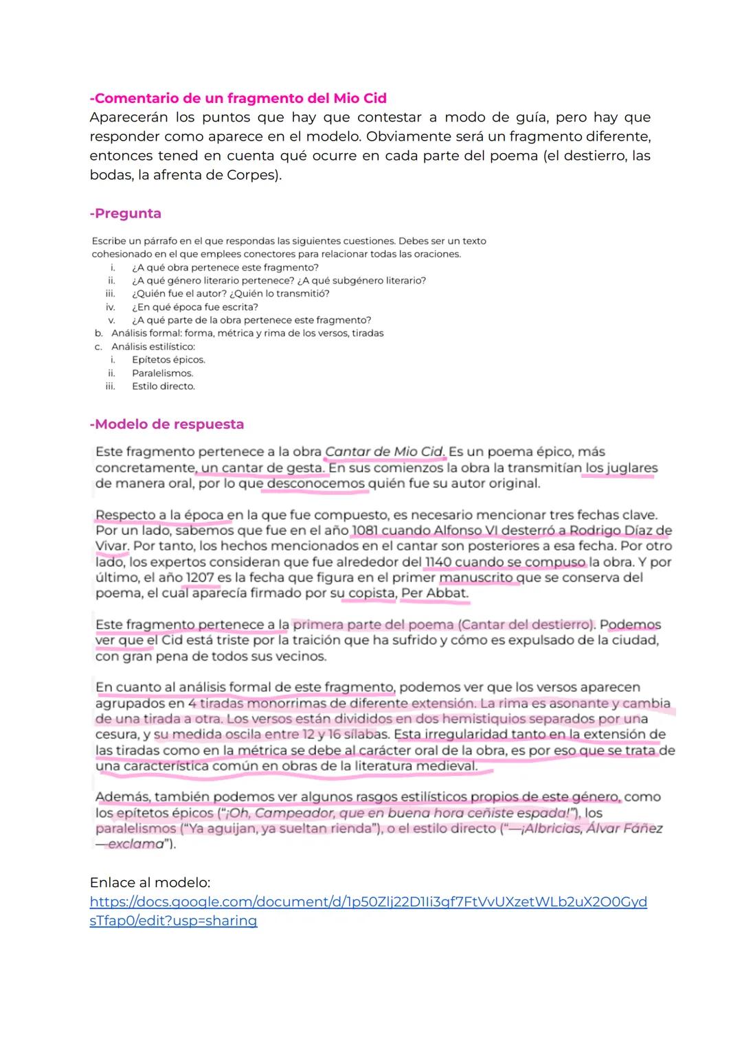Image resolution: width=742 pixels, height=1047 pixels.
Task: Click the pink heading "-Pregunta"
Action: tap(125, 214)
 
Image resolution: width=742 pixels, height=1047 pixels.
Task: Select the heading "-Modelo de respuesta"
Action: tap(166, 424)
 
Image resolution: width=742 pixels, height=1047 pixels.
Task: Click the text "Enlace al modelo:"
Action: tap(150, 882)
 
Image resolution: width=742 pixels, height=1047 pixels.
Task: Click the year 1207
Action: tap(200, 577)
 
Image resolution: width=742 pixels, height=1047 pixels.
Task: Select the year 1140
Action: tap(439, 562)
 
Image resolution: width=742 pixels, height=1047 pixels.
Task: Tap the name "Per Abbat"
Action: tap(434, 593)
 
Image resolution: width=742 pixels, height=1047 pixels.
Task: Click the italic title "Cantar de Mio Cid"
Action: tap(384, 452)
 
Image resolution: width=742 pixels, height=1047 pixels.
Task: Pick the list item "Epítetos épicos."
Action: tap(168, 360)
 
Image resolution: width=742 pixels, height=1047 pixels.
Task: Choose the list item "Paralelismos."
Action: tap(163, 373)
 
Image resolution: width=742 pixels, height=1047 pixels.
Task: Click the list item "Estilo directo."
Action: tap(164, 387)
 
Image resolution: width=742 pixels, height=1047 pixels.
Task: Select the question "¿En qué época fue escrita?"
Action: tap(195, 307)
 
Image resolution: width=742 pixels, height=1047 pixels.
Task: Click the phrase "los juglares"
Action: tap(621, 468)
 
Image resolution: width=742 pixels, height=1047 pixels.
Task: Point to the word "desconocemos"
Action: tap(315, 483)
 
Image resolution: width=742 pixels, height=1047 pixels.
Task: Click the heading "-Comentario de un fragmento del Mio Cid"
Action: tap(238, 98)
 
